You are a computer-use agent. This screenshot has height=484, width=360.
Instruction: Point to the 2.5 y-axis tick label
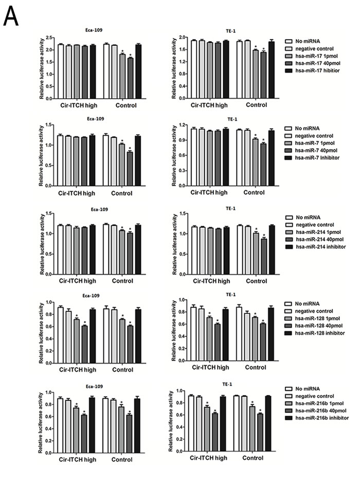(x=49, y=38)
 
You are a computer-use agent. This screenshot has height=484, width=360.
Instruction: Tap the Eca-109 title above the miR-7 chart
(x=94, y=118)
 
